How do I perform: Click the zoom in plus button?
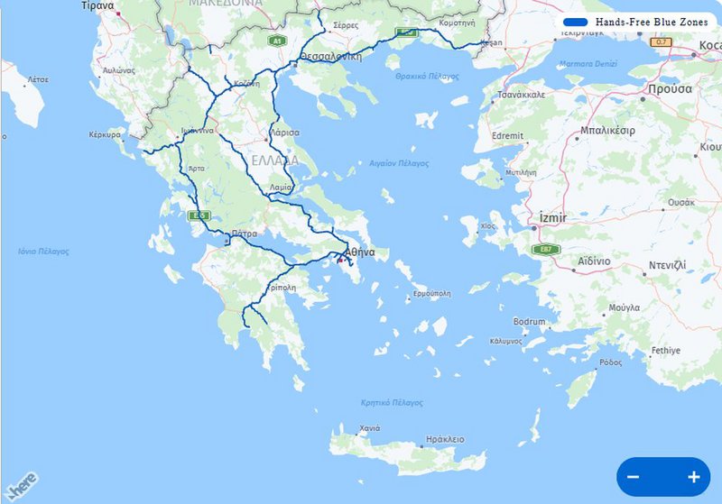click(693, 477)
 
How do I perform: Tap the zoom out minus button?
click(634, 477)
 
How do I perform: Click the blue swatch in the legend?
click(575, 21)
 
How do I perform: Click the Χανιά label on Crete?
click(370, 427)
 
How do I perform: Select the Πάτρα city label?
click(245, 234)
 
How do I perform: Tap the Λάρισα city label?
click(284, 133)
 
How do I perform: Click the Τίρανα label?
click(97, 5)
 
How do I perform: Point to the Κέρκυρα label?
click(105, 134)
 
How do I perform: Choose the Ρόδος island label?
click(610, 362)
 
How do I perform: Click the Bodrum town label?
click(529, 322)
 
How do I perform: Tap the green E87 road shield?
click(544, 250)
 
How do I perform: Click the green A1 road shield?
click(277, 41)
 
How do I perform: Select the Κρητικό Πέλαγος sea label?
click(392, 402)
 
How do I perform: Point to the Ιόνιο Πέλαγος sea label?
click(43, 252)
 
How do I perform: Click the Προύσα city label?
click(669, 89)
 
